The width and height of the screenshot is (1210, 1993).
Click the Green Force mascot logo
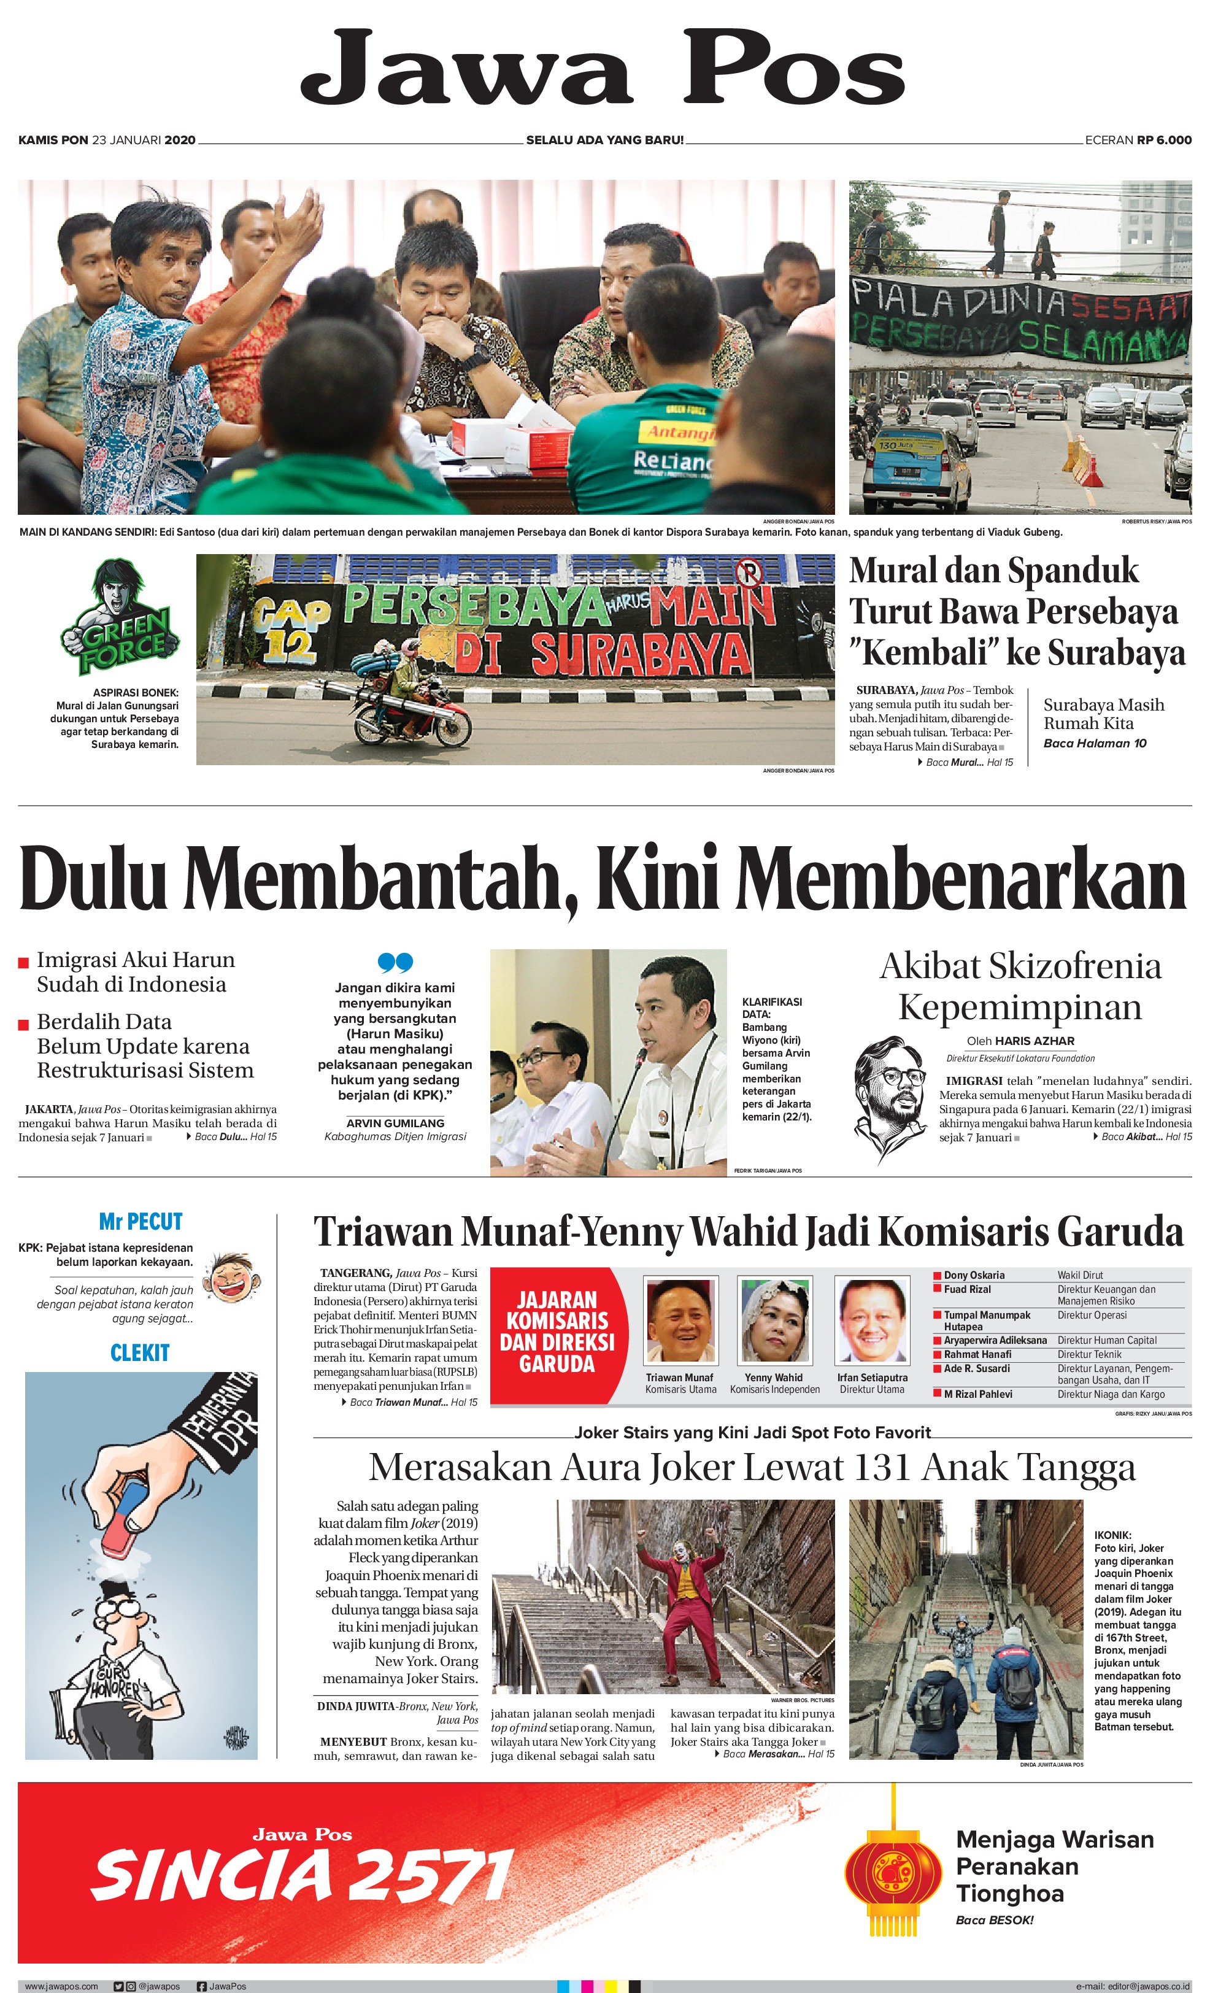tap(120, 616)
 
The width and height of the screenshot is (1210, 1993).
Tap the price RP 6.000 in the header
tap(1164, 140)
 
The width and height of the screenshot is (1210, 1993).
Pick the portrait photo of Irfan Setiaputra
tap(871, 1319)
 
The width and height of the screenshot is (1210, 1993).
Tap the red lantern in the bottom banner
tap(893, 1874)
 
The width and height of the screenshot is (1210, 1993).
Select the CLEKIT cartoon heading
tap(140, 1352)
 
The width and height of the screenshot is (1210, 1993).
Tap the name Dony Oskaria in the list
tap(974, 1274)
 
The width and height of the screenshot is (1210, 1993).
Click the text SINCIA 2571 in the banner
tap(302, 1876)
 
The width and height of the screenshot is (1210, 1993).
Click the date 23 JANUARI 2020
tap(144, 140)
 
